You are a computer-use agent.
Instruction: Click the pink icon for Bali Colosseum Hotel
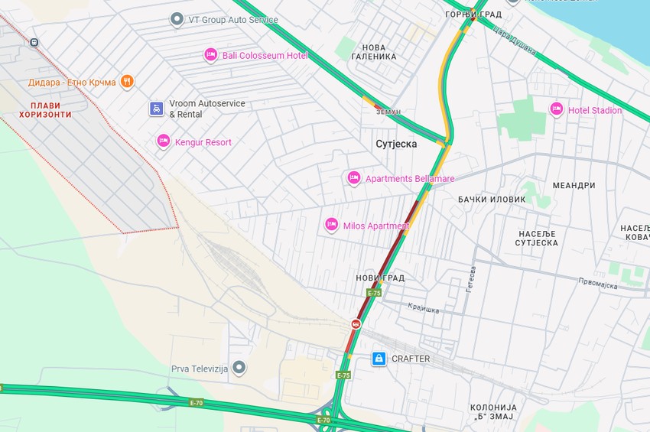[210, 55]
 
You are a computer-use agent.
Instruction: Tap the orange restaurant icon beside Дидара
[127, 81]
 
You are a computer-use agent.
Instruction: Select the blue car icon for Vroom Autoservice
[156, 109]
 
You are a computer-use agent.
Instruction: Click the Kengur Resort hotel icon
[163, 141]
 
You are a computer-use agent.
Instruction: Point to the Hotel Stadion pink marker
[556, 109]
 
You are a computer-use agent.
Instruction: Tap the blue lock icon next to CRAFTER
[378, 359]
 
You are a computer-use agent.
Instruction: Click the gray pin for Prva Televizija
[239, 369]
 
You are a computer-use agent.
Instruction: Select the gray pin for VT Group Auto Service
[177, 19]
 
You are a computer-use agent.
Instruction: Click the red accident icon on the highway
[356, 324]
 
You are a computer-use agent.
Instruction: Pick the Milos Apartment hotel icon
[331, 225]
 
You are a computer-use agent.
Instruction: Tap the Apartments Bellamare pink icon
[353, 178]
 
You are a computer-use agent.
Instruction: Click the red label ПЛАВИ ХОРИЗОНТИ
[46, 110]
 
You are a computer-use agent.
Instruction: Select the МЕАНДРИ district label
[574, 186]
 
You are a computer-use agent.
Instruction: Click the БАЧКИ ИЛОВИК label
[492, 200]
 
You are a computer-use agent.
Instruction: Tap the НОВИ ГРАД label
[380, 278]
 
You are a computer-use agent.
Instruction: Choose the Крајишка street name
[421, 310]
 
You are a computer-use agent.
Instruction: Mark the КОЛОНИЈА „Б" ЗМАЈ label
[493, 412]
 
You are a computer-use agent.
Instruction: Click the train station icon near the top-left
[34, 42]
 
